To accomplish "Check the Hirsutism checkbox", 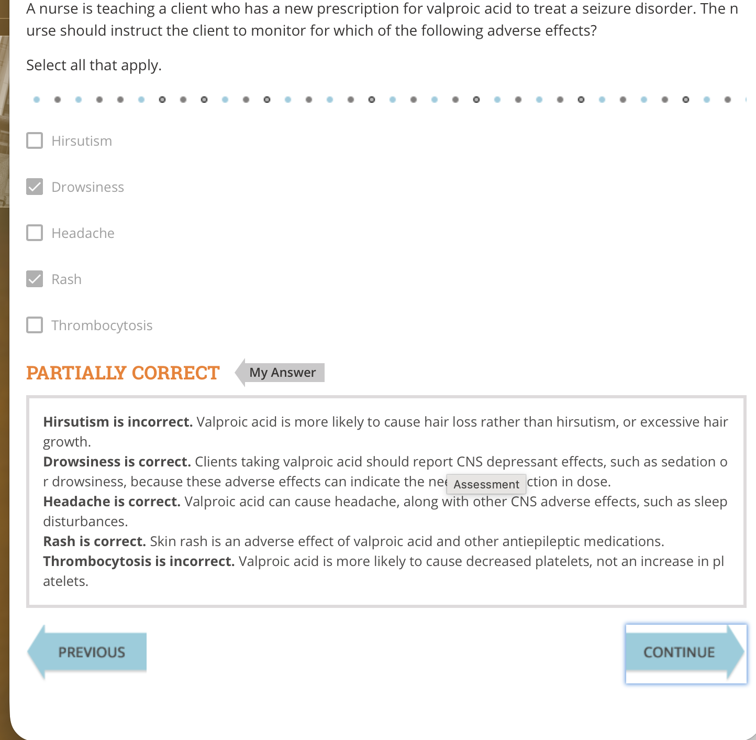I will [35, 141].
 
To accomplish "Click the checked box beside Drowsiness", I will [35, 187].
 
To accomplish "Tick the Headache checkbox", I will [35, 233].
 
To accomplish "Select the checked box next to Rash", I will [35, 279].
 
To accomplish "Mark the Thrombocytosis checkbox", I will [35, 325].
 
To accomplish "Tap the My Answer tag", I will [283, 373].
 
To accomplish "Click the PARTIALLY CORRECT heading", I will [123, 373].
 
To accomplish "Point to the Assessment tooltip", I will [486, 484].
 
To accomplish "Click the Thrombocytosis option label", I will [102, 325].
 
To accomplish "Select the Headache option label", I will [83, 233].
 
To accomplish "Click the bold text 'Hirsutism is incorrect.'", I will [118, 422].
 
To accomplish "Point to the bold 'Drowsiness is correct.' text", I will [117, 462].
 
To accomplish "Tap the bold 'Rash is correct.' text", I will [94, 541].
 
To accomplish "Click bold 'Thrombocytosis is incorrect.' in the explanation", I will [139, 561].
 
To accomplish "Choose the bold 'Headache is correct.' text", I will [112, 502].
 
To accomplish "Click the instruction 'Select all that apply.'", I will [94, 65].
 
